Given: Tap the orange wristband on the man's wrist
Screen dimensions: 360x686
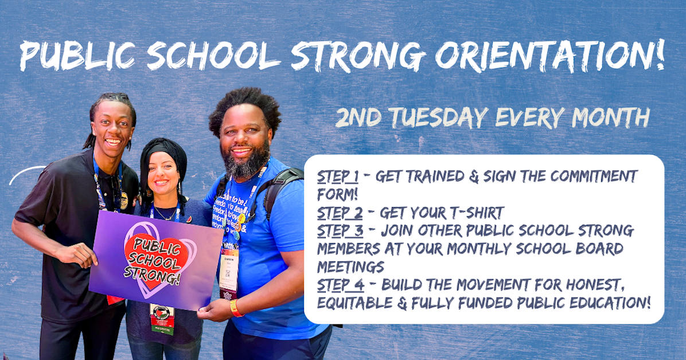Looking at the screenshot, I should (235, 308).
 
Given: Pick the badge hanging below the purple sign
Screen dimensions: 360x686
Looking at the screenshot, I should (162, 318).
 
